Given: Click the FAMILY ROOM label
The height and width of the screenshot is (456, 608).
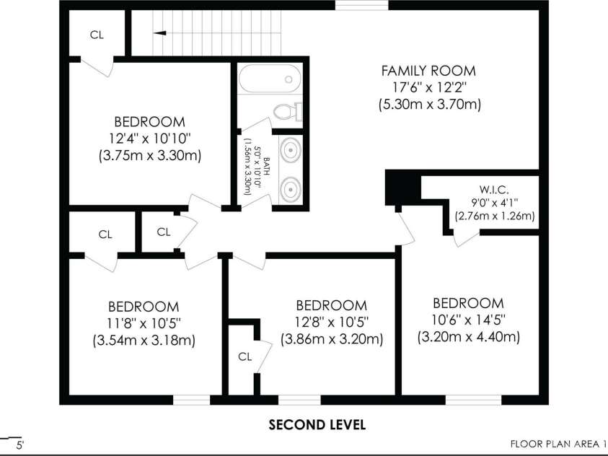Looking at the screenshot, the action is tap(428, 71).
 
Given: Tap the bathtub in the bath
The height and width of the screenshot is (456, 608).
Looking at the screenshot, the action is tap(270, 79).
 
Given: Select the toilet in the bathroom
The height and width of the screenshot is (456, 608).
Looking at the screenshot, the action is tap(288, 112).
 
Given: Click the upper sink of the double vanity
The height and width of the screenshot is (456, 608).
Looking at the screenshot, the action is tap(291, 151).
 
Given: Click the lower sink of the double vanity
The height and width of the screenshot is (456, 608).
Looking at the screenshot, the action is tap(291, 190).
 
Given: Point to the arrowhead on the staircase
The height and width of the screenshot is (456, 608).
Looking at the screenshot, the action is tap(160, 33).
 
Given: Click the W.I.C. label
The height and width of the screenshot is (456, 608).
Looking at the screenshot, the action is tap(494, 190).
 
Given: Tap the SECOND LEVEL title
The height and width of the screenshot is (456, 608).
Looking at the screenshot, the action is tap(317, 424).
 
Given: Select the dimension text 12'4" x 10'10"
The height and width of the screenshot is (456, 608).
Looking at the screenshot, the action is tap(150, 139).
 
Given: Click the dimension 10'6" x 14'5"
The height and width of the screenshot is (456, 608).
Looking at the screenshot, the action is tap(468, 320).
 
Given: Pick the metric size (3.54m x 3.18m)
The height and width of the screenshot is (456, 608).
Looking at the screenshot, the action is tap(144, 341).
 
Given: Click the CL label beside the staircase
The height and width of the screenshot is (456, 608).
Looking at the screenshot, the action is tap(97, 35).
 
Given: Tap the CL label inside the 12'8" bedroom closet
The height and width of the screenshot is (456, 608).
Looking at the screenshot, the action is tap(245, 356).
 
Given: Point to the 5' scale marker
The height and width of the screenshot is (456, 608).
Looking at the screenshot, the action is tap(19, 444).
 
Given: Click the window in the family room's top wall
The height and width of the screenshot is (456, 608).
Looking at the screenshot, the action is tap(361, 5).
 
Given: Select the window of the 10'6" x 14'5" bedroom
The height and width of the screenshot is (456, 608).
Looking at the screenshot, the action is tap(473, 400).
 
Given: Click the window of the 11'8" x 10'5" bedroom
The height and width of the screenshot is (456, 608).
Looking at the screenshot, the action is tap(192, 400).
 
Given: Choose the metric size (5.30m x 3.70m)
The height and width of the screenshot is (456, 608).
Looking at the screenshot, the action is tap(430, 105).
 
